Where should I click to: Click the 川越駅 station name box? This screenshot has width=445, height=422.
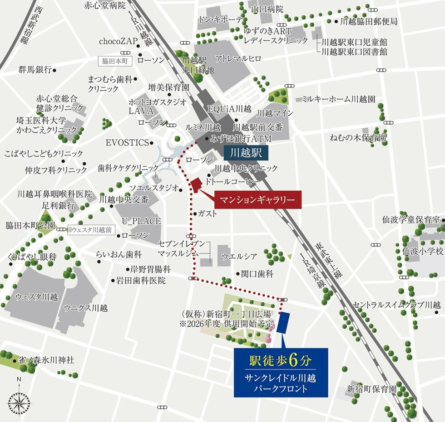pos(246,153)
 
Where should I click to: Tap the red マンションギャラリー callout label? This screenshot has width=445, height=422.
pos(261,199)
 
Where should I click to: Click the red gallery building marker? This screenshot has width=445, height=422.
pos(196,186)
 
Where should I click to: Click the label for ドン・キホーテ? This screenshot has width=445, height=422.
pos(220,20)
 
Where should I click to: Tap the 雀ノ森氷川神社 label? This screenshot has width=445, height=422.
pos(46,360)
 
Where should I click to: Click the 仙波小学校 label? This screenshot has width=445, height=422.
pos(422,251)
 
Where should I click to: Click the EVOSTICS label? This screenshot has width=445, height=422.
pos(127,143)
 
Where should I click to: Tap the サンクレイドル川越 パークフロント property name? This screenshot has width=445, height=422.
pos(282,383)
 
